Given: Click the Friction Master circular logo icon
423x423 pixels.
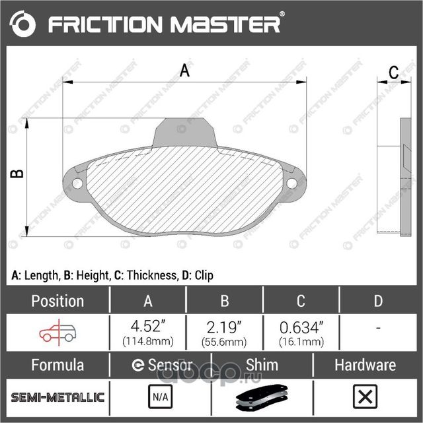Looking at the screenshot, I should coord(23,24).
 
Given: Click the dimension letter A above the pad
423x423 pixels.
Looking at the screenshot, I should coord(185,71).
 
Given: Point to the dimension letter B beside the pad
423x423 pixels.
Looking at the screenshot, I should coord(18,174).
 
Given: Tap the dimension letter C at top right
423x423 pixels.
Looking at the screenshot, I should coord(393,73).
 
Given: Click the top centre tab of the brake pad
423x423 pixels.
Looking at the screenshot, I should coord(185,132).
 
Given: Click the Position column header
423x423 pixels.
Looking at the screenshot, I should coord(58,301).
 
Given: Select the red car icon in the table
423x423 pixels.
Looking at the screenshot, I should coord(58,333).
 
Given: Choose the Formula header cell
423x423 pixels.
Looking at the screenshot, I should coord(58,365).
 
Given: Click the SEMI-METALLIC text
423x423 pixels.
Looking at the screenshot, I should coord(58,397).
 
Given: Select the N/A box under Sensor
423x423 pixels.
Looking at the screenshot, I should coord(160,397).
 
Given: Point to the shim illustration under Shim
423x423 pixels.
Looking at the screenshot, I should coord(262,398).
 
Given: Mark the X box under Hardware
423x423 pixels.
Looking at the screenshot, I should coord(364,397).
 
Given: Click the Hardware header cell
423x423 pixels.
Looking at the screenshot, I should coord(364,365).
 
